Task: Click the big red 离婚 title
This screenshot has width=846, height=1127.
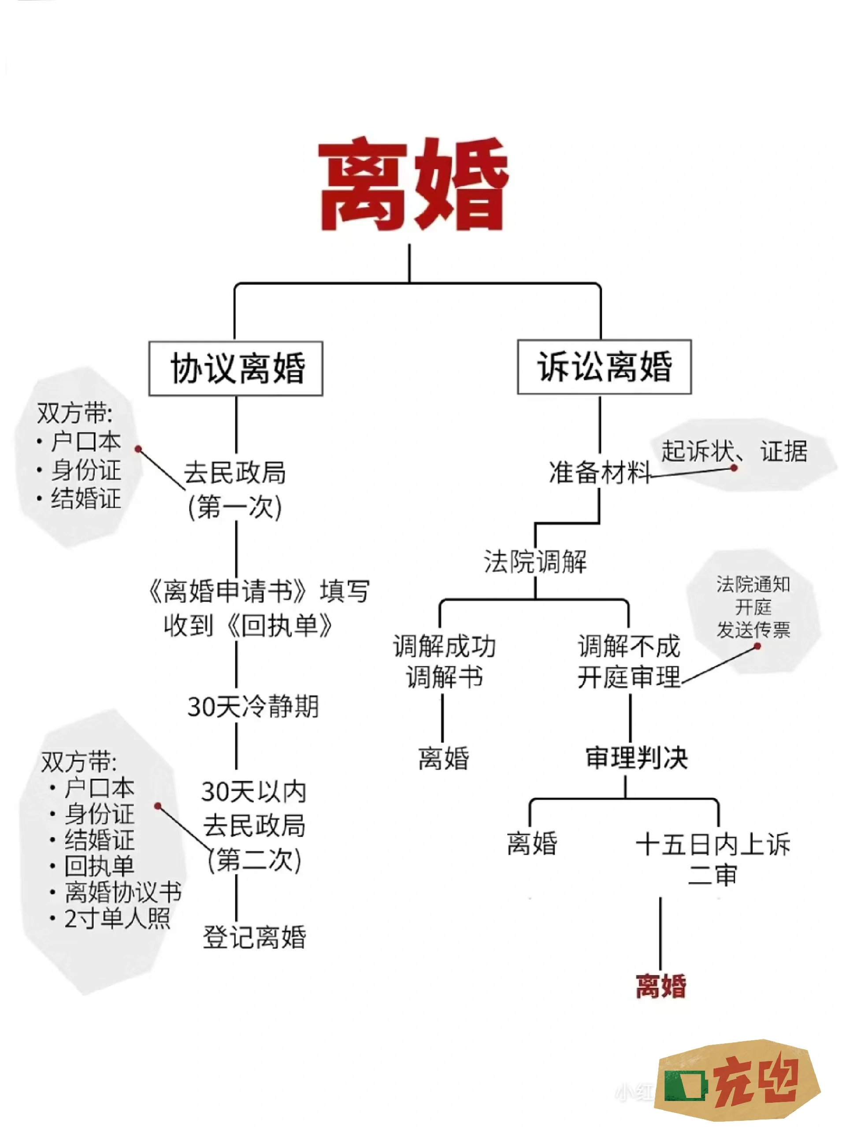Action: (x=413, y=185)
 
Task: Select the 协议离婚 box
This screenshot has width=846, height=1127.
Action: (x=236, y=368)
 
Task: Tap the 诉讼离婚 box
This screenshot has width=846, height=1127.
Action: (x=604, y=366)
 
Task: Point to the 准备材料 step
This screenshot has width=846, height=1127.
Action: (x=599, y=472)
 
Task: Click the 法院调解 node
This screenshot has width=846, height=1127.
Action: (x=535, y=562)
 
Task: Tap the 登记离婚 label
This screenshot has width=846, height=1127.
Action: (x=254, y=936)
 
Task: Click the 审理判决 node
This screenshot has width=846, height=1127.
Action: (x=637, y=757)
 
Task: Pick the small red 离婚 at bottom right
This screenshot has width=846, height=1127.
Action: (x=661, y=987)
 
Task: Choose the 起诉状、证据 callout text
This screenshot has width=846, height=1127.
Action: (x=734, y=451)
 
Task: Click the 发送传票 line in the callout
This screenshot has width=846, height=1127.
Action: (x=753, y=630)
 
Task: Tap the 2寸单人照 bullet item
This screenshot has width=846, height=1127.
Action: (x=117, y=919)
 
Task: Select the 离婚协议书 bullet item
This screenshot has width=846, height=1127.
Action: (x=123, y=892)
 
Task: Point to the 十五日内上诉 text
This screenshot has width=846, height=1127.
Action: (x=713, y=844)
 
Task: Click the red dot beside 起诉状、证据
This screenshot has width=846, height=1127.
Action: (x=734, y=468)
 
